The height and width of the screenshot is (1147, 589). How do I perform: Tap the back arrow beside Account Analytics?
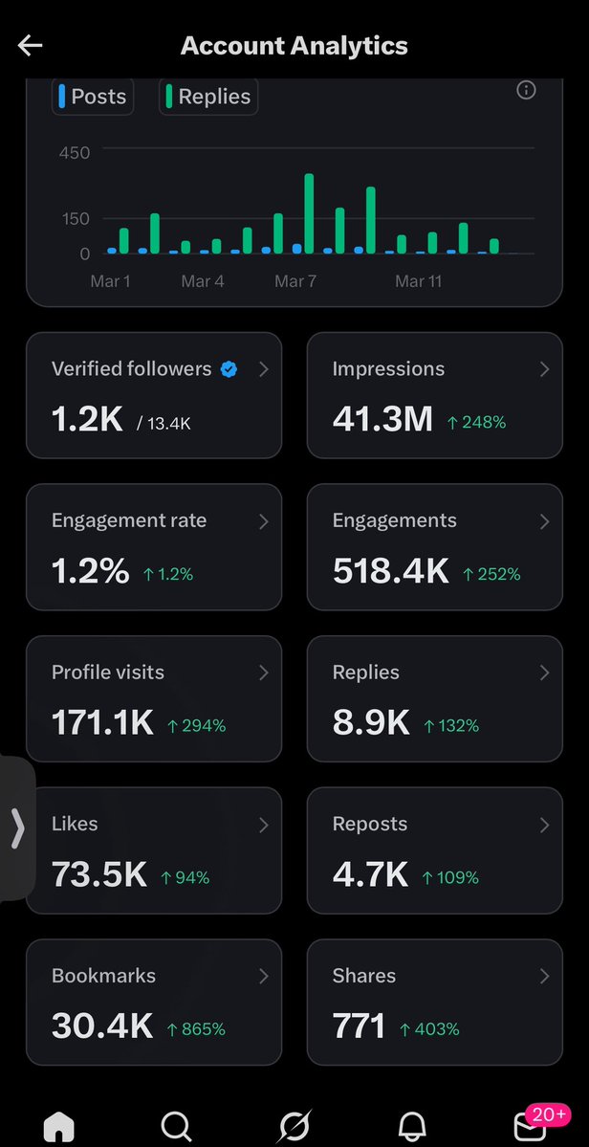(x=31, y=46)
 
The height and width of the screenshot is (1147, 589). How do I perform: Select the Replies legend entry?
(x=207, y=97)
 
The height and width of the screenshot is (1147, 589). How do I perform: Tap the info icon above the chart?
(x=526, y=90)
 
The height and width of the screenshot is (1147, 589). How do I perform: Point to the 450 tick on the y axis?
(x=74, y=152)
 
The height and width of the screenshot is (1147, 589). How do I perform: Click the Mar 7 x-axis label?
(x=295, y=281)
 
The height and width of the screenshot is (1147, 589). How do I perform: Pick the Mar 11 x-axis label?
(x=419, y=281)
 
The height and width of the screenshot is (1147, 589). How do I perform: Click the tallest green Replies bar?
(x=309, y=213)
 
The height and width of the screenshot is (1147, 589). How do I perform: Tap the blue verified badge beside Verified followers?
(x=229, y=369)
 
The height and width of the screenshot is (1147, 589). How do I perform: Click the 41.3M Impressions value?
(x=382, y=419)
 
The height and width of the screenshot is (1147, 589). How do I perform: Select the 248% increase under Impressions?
(x=477, y=422)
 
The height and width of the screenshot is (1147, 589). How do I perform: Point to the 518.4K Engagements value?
(x=390, y=571)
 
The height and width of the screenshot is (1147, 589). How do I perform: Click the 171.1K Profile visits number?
(x=102, y=723)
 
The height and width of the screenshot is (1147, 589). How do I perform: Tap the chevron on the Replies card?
(x=544, y=673)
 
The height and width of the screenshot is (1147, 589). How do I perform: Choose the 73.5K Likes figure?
(x=98, y=874)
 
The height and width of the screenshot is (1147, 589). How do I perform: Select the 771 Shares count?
(x=359, y=1026)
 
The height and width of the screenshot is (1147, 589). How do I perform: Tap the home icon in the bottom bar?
(x=59, y=1126)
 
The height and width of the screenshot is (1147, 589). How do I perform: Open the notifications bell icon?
(x=411, y=1126)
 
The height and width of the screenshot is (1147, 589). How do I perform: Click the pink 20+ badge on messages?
(x=549, y=1114)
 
